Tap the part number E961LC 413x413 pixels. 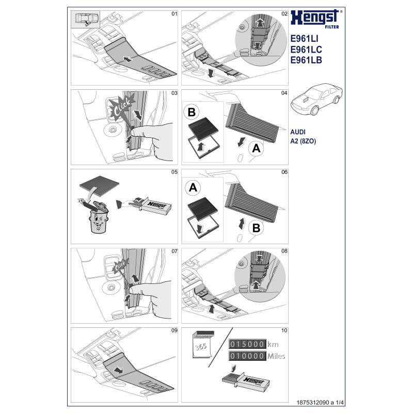point(307,50)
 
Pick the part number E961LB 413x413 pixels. point(307,60)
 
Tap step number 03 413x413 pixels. point(174,93)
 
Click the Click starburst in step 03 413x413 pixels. point(122,107)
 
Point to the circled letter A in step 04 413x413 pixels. point(257,149)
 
